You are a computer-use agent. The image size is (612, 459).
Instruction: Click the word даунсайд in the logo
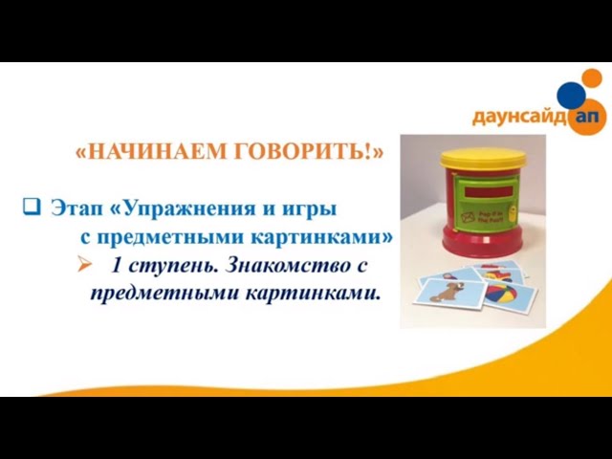tap(517, 119)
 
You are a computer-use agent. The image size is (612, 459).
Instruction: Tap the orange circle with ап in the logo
tap(585, 117)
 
